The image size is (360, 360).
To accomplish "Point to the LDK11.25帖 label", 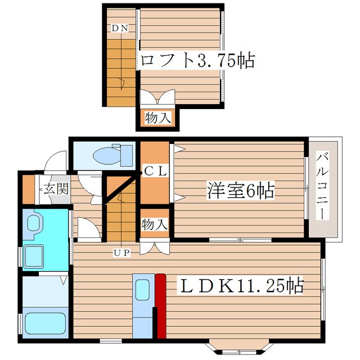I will (242, 286).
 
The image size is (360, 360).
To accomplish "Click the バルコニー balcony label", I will (321, 186).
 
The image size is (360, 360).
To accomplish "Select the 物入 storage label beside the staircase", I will (155, 224).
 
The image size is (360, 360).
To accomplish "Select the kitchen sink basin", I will (142, 290).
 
